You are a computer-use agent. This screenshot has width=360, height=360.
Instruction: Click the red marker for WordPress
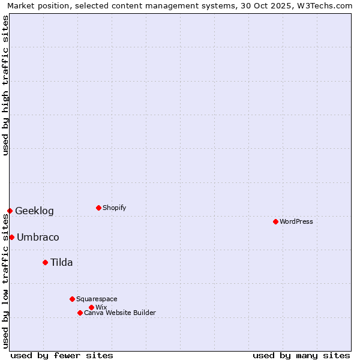pyautogui.click(x=275, y=221)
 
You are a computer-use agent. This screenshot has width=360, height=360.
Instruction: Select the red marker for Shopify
pyautogui.click(x=98, y=208)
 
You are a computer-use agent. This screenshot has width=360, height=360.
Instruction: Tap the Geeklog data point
pyautogui.click(x=10, y=211)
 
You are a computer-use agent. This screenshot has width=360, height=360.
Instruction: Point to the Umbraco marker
pyautogui.click(x=11, y=237)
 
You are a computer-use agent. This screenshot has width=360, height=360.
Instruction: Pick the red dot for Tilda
pyautogui.click(x=45, y=262)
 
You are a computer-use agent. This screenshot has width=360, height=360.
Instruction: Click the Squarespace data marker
pyautogui.click(x=72, y=299)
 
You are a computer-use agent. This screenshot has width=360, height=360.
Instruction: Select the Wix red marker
pyautogui.click(x=91, y=307)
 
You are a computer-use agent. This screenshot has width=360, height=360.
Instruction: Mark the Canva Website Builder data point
pyautogui.click(x=80, y=313)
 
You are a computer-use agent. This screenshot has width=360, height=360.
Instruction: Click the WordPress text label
pyautogui.click(x=296, y=221)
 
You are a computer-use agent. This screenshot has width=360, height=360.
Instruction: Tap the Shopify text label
pyautogui.click(x=115, y=208)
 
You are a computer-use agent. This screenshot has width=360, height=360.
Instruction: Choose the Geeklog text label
pyautogui.click(x=34, y=211)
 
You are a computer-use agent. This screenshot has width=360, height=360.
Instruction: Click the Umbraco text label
pyautogui.click(x=38, y=237)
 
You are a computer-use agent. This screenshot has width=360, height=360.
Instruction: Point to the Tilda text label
pyautogui.click(x=61, y=262)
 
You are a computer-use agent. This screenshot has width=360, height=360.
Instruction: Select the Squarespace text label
pyautogui.click(x=97, y=299)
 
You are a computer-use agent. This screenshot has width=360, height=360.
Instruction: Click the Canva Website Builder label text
pyautogui.click(x=120, y=313)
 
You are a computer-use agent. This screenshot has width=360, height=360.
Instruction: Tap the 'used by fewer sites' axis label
pyautogui.click(x=62, y=355)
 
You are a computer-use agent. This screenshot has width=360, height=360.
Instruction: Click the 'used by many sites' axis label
pyautogui.click(x=301, y=355)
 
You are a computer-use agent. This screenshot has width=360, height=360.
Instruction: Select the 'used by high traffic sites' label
pyautogui.click(x=5, y=85)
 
